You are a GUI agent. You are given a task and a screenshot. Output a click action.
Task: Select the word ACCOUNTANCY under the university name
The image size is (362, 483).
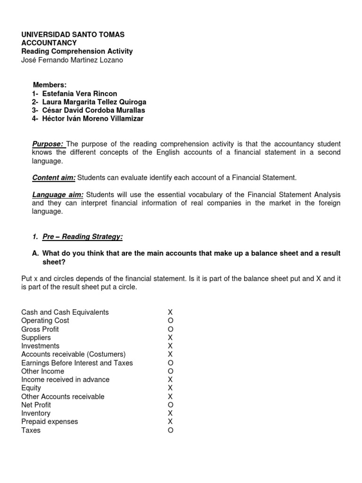click(x=49, y=43)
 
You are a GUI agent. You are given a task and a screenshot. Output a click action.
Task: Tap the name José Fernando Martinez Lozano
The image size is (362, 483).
click(x=72, y=60)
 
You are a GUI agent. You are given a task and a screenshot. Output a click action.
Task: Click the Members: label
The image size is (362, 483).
click(x=49, y=85)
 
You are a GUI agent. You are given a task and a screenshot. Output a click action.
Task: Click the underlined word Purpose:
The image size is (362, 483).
click(x=48, y=144)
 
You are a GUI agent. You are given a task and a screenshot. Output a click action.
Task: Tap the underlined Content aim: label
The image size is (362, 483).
click(x=54, y=178)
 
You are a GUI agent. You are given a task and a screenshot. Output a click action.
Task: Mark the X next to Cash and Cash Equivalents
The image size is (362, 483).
click(x=171, y=312)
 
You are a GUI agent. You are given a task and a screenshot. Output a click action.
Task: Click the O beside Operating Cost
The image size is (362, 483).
click(x=171, y=321)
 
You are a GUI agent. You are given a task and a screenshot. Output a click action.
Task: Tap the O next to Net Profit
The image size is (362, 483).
click(x=171, y=405)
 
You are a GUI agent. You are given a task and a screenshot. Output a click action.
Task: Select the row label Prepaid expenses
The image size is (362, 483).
click(x=49, y=422)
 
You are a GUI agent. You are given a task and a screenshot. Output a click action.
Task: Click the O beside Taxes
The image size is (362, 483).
click(x=171, y=430)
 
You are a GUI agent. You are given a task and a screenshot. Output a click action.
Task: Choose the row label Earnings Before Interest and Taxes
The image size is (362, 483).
click(x=77, y=363)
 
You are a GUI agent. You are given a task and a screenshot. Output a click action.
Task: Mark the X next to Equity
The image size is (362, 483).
click(x=171, y=388)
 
